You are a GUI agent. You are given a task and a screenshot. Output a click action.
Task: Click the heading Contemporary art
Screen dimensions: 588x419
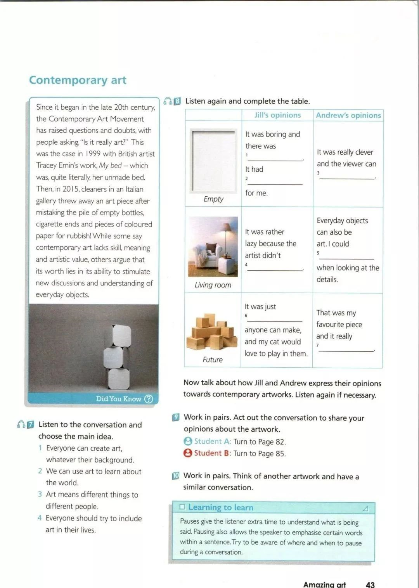(x=78, y=80)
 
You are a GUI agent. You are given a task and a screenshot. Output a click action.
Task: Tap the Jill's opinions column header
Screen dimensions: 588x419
(x=277, y=115)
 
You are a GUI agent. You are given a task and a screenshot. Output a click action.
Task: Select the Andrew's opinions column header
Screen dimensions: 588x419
(x=348, y=115)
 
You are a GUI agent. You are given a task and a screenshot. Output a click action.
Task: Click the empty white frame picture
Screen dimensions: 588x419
(x=213, y=161)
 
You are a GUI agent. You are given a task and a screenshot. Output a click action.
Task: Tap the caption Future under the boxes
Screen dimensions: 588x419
(x=213, y=360)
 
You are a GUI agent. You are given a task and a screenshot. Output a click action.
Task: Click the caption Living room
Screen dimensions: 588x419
(x=213, y=285)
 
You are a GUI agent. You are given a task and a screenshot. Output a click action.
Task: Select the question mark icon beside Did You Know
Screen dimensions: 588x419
(x=149, y=399)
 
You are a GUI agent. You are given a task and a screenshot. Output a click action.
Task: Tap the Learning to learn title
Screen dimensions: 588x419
(x=220, y=507)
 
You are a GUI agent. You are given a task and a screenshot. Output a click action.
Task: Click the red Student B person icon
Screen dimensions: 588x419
(x=188, y=453)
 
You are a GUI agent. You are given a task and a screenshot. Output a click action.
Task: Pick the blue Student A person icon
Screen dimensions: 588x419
(x=188, y=441)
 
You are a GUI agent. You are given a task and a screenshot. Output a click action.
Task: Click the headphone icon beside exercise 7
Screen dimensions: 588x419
(x=21, y=424)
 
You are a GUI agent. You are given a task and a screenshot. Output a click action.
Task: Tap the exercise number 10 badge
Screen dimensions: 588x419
(x=176, y=476)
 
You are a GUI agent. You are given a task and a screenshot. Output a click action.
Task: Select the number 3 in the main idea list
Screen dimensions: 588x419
(x=40, y=495)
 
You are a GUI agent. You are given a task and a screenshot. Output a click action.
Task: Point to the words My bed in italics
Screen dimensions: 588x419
(x=110, y=166)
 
